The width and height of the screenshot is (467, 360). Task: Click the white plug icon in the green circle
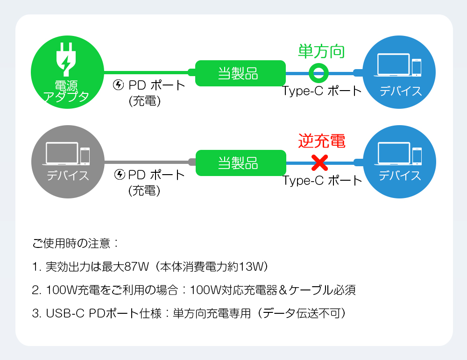tap(66, 59)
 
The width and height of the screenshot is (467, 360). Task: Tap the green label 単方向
tap(322, 51)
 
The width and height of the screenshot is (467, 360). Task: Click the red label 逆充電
tap(322, 141)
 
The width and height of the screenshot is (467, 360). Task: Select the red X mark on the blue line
tap(319, 163)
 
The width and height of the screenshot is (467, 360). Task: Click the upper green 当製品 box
tap(241, 73)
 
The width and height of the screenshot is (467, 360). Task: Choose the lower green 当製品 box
tap(241, 163)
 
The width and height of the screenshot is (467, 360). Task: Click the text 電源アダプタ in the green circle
tap(66, 91)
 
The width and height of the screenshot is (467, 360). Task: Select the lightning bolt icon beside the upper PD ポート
tap(119, 85)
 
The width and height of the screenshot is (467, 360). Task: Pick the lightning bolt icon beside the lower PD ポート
tap(120, 175)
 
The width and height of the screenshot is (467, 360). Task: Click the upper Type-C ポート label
tap(322, 91)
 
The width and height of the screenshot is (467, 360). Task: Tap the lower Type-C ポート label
tap(322, 180)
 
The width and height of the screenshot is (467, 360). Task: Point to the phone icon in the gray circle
tap(85, 156)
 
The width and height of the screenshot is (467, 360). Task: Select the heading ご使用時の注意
tap(71, 243)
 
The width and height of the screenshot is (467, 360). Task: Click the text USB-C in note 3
tap(65, 313)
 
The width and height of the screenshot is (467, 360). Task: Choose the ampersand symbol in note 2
tap(283, 290)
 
